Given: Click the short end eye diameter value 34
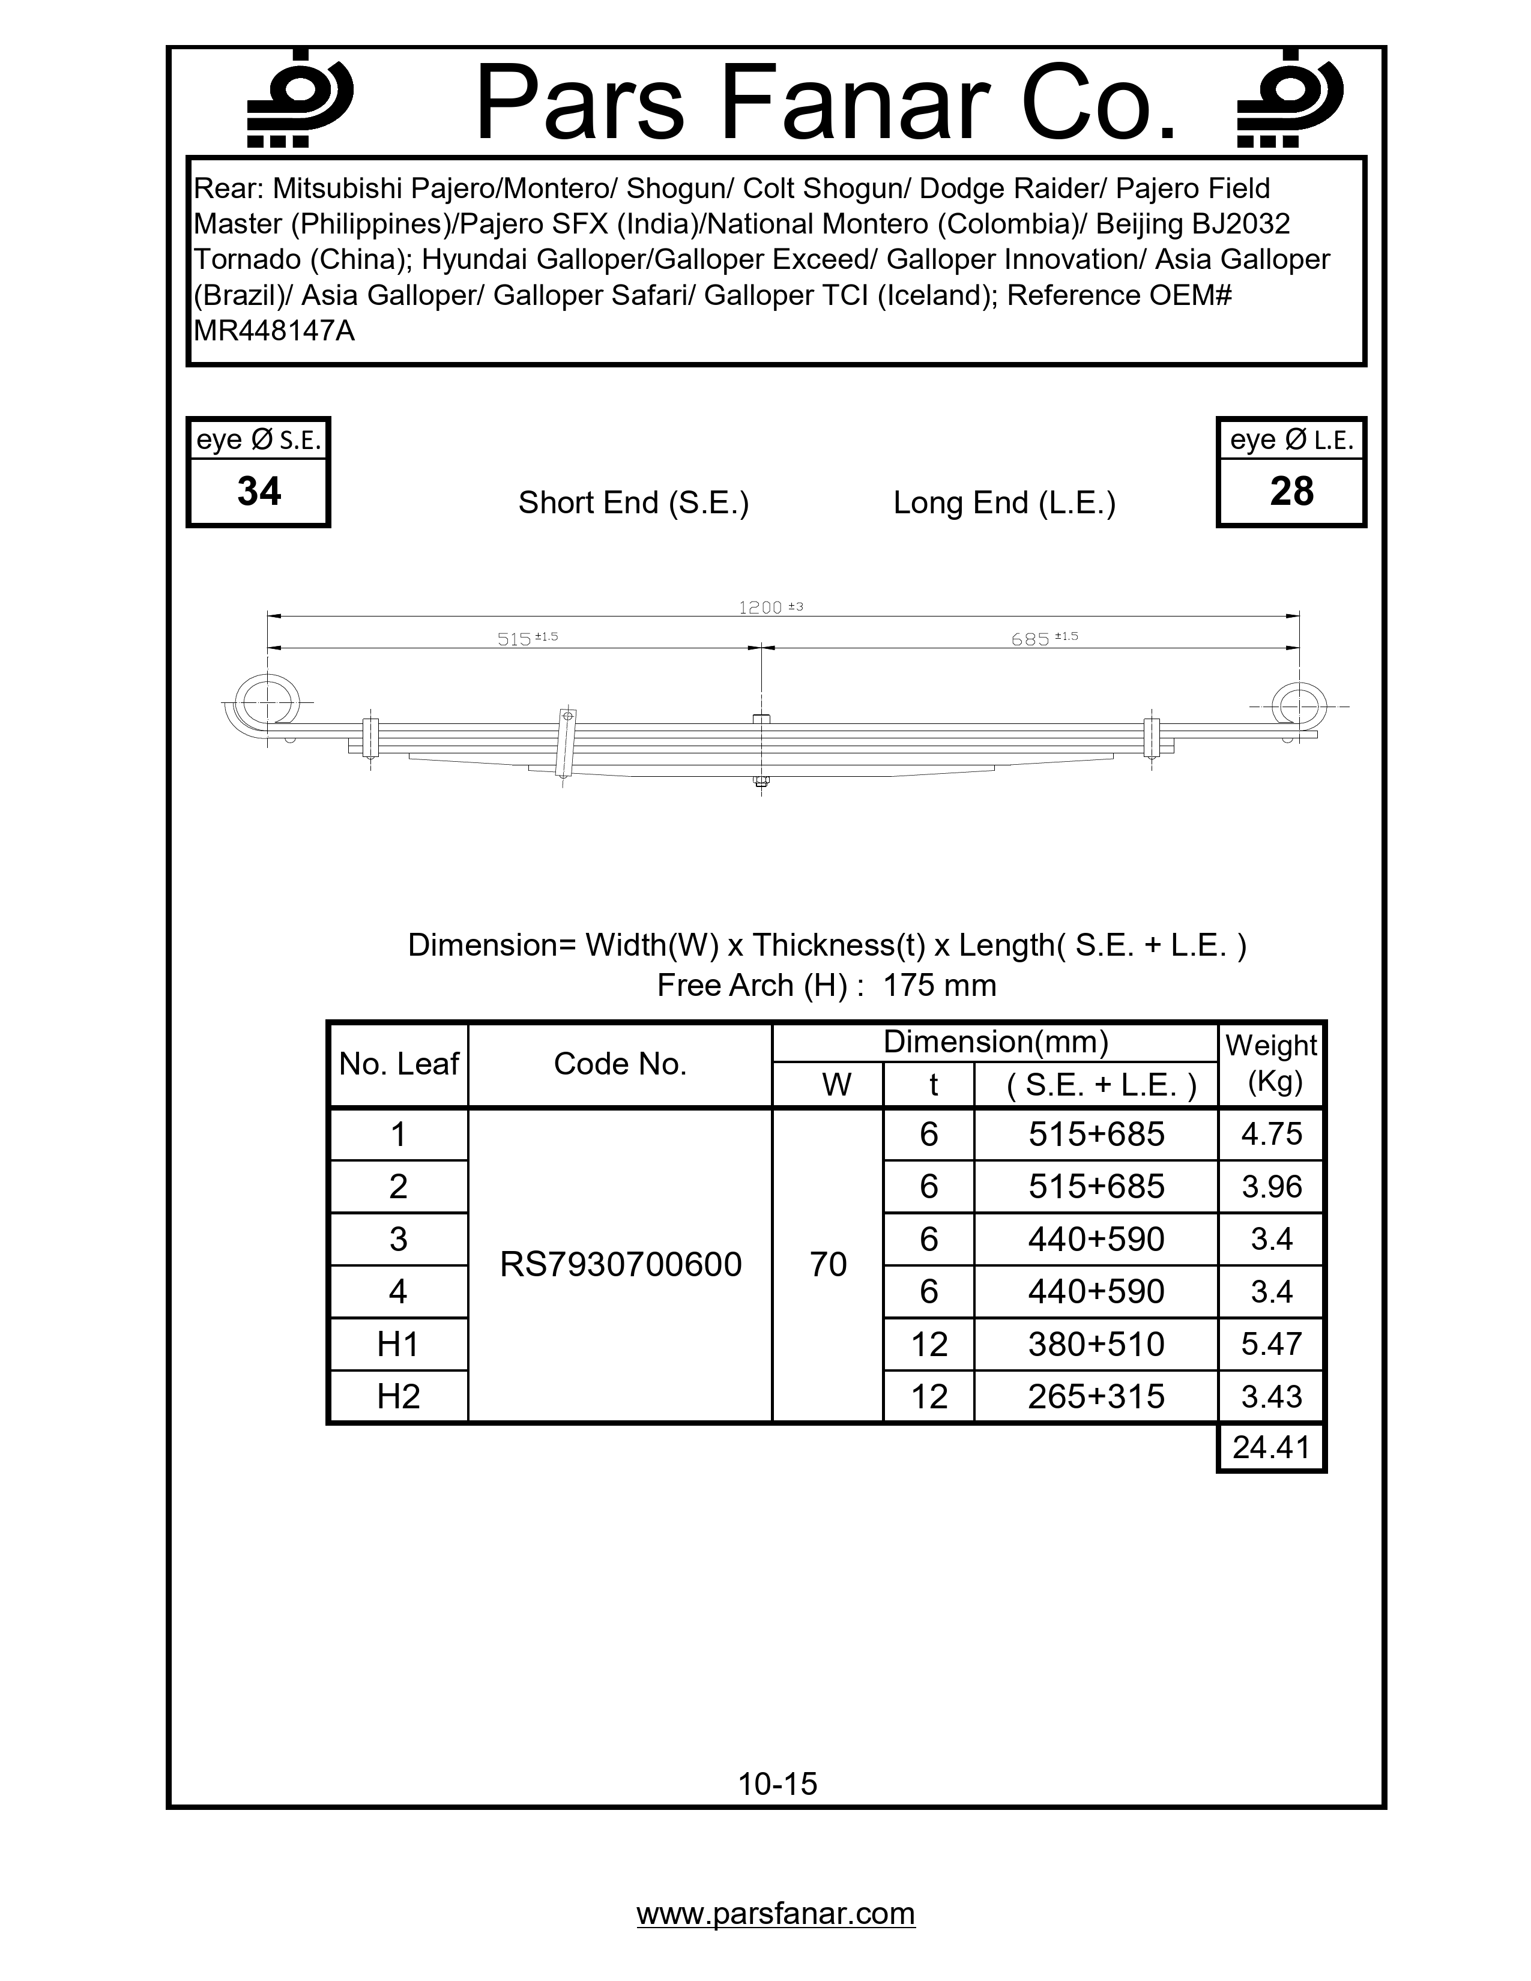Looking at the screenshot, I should [x=259, y=492].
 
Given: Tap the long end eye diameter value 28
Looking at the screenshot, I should [x=1291, y=492].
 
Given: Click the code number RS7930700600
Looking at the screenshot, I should [x=620, y=1264].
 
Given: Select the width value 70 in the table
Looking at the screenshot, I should [x=828, y=1264].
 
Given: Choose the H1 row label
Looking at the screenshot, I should [x=398, y=1344].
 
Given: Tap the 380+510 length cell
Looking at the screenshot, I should [x=1096, y=1344].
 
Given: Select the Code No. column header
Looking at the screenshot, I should [x=620, y=1064].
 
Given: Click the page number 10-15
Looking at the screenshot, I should [x=778, y=1784].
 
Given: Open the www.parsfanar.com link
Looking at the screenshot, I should [x=776, y=1914].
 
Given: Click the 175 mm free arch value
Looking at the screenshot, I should [x=939, y=985].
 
